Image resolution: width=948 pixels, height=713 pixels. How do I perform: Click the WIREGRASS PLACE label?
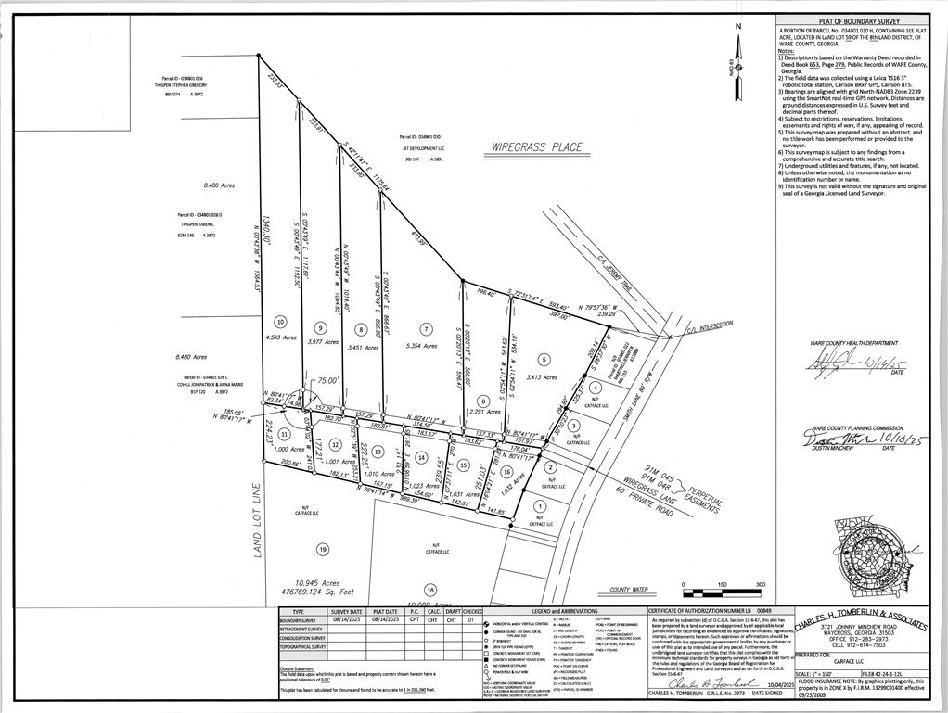coord(537,147)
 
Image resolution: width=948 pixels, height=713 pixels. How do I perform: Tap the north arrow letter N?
coord(738,26)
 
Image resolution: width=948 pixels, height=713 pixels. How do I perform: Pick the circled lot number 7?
coord(426,328)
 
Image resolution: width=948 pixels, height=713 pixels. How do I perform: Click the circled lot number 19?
coord(323,549)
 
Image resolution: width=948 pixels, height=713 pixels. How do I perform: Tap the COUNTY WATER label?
coord(628,589)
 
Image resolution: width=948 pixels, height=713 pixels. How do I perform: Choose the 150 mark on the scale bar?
coord(721,584)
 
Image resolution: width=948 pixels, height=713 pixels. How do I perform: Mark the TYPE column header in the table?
coord(298,612)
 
